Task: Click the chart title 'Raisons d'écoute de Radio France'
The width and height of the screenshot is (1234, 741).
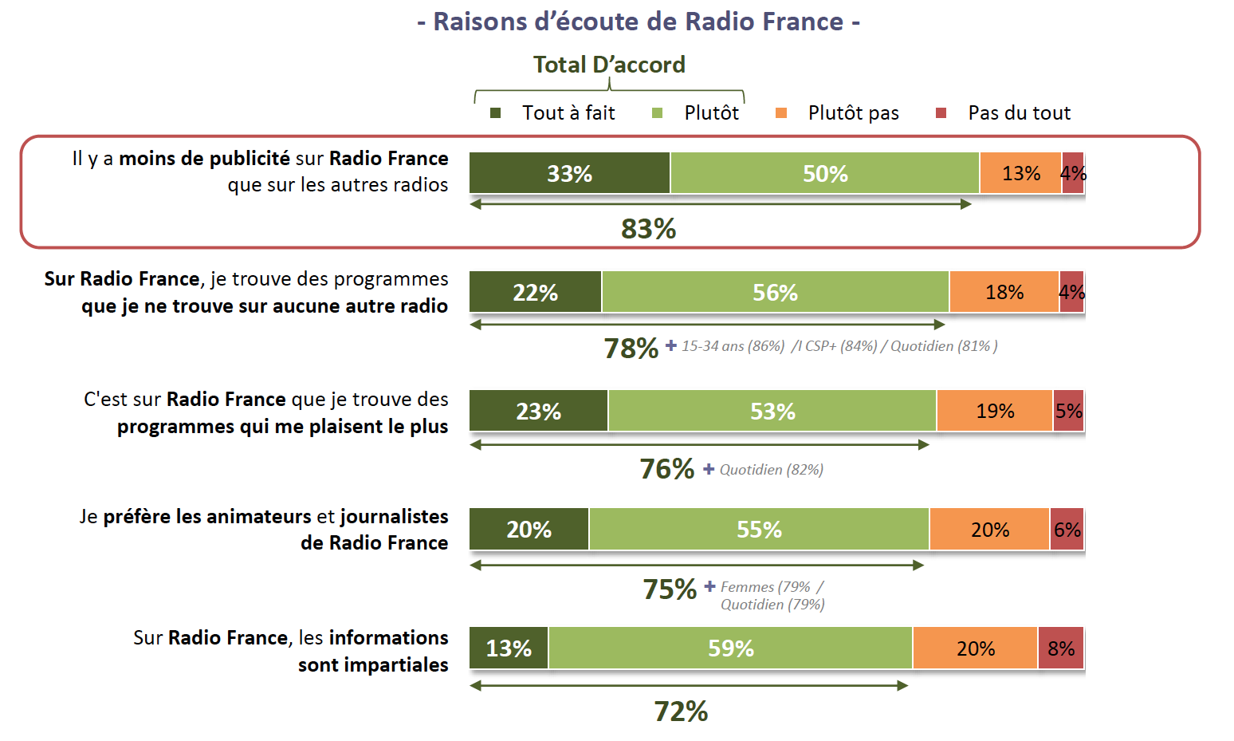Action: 638,22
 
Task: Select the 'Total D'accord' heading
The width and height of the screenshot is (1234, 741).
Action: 609,65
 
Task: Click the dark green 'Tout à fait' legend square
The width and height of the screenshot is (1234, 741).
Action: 495,113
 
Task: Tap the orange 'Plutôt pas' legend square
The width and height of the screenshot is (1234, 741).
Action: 781,113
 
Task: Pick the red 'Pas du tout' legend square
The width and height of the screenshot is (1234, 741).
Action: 941,113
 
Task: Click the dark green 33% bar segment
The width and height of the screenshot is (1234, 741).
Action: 569,173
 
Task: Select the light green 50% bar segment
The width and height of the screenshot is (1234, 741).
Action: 824,173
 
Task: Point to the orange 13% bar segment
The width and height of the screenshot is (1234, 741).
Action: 1020,173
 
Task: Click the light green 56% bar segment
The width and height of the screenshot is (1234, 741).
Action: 775,292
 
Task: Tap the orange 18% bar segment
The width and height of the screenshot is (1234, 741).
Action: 1004,292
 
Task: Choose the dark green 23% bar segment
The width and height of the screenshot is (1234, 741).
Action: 538,411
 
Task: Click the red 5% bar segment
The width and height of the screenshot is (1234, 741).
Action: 1068,411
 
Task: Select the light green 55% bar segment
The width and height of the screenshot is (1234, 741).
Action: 759,529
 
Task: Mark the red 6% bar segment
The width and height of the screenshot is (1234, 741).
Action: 1067,529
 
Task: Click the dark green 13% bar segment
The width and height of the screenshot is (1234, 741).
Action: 509,648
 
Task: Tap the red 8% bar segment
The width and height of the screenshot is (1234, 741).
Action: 1061,648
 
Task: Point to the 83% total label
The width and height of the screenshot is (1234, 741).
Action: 648,229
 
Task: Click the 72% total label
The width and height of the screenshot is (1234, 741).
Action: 681,711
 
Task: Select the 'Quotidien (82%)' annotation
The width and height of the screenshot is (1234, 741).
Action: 771,470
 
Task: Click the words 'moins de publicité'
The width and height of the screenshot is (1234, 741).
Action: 204,158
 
